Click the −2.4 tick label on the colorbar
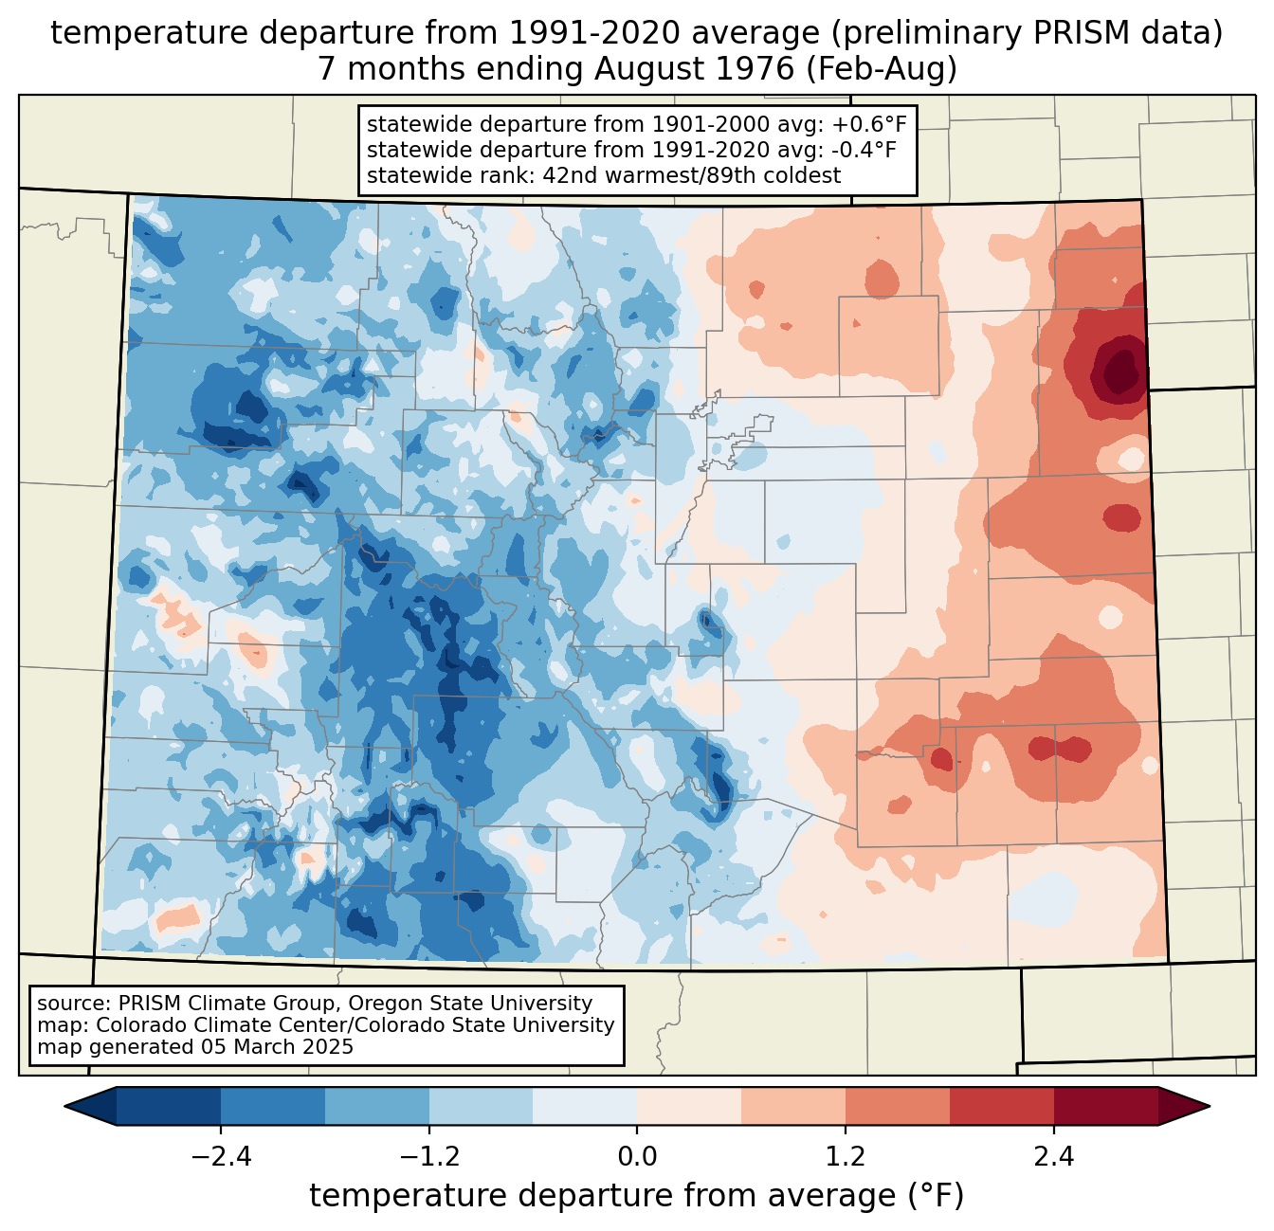pos(221,1157)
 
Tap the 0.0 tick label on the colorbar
pos(637,1157)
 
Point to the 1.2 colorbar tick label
pos(846,1157)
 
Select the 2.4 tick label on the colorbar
pos(1054,1157)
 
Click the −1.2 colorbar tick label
pos(429,1157)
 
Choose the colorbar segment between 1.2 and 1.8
pos(898,1106)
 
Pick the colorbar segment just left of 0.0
pos(585,1106)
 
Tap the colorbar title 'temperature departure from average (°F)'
pos(637,1196)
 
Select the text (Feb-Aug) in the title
pos(898,69)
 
